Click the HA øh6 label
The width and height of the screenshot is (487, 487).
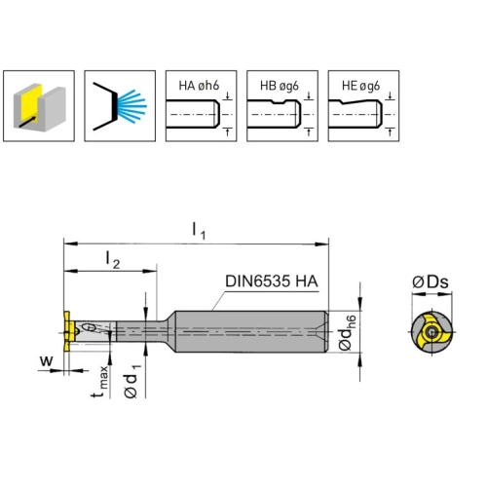(199, 86)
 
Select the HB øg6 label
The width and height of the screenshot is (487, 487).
(280, 86)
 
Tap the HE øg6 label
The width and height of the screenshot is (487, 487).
(360, 86)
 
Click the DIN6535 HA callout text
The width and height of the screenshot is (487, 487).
(272, 281)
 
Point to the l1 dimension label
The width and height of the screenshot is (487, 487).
(199, 231)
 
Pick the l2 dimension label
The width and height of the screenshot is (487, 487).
(113, 260)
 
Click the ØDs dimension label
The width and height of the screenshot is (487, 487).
(431, 281)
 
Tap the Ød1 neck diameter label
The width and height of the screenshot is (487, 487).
(132, 381)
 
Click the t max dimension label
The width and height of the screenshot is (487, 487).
(99, 382)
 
